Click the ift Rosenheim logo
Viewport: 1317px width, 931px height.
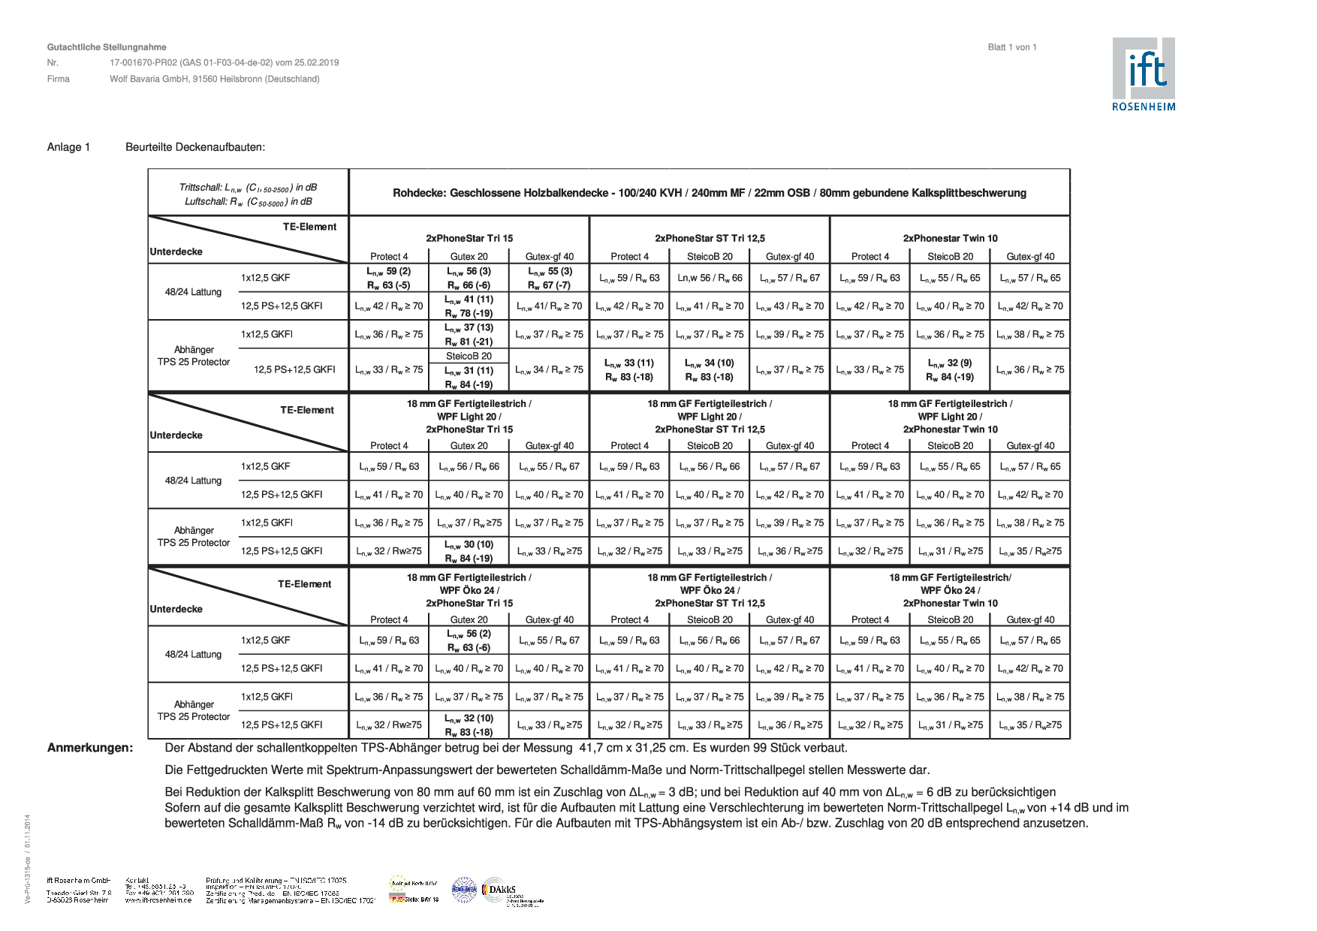click(1144, 74)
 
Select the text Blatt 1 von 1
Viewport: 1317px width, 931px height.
click(1011, 47)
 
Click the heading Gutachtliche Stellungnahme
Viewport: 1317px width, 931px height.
click(106, 47)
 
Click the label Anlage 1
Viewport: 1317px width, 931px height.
click(68, 147)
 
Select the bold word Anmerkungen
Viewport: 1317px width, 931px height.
click(90, 748)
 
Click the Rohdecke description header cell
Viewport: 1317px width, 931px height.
click(709, 193)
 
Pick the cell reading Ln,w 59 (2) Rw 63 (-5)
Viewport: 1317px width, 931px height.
click(388, 278)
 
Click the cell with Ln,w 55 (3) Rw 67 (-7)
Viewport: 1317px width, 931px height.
click(549, 278)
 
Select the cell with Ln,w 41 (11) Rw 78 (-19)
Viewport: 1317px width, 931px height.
click(469, 306)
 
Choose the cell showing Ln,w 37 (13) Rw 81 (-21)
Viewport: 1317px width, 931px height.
click(469, 335)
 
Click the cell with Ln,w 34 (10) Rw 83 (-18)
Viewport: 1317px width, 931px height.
click(709, 369)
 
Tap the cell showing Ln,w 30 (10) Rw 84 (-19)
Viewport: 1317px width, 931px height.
click(469, 551)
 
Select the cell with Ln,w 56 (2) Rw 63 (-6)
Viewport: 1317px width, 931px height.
click(469, 640)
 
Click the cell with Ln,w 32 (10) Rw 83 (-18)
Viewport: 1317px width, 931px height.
click(469, 725)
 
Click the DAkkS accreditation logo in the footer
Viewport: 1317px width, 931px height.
click(499, 890)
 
